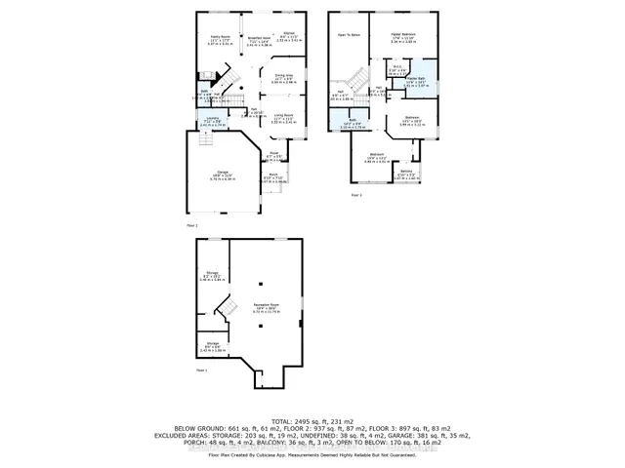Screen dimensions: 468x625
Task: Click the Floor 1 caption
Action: tap(202, 371)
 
